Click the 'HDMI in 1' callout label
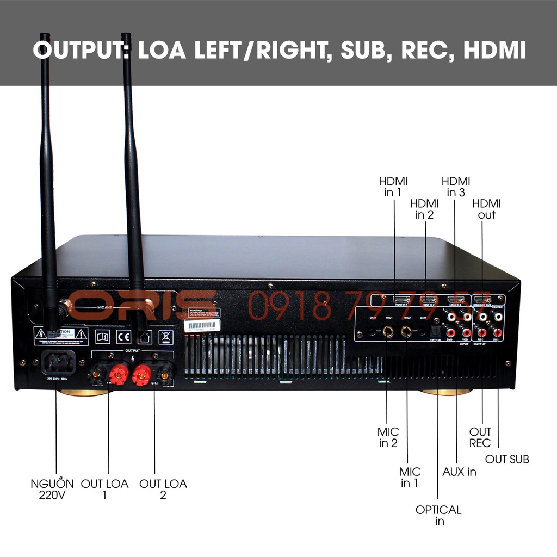coord(393,187)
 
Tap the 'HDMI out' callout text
coord(486,209)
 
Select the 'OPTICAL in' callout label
coord(438,515)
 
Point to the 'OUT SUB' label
coord(507,459)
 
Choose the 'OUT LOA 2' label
coord(163,489)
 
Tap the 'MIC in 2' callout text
coord(388,437)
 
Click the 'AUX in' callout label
coord(459,472)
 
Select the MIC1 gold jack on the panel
coord(388,331)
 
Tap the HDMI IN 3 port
coord(454,300)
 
